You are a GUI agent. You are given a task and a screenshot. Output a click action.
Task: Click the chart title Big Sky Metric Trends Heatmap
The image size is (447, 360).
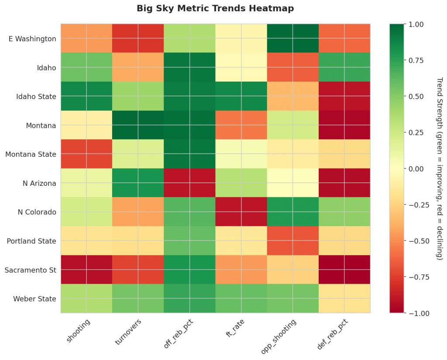pos(215,8)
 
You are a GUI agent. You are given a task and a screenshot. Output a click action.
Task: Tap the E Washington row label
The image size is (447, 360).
pos(32,39)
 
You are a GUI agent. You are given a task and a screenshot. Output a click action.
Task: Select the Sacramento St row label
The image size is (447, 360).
pos(30,270)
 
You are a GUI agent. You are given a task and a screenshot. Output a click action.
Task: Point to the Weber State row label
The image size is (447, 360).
pos(34,299)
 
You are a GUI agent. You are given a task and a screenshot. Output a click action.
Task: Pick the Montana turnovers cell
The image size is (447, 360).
pos(138,126)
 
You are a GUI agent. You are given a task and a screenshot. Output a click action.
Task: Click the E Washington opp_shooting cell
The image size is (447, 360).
pos(293,39)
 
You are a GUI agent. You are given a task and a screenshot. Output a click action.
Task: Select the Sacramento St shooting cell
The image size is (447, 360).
pos(86,270)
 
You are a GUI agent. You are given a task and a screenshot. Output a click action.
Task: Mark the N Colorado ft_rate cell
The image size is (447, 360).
pos(241,213)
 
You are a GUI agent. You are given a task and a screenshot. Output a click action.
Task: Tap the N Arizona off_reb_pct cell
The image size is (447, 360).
pos(189,183)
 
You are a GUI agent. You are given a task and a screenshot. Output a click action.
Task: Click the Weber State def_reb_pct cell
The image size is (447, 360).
pos(344,299)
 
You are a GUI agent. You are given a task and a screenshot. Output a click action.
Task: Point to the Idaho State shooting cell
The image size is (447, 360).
pos(86,97)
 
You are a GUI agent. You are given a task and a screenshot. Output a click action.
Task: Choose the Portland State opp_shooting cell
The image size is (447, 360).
pos(293,241)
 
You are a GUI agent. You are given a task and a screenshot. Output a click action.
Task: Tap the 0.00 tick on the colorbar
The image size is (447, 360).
pos(416,169)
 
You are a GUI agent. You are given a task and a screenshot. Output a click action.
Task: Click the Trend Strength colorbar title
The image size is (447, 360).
pos(440,168)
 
